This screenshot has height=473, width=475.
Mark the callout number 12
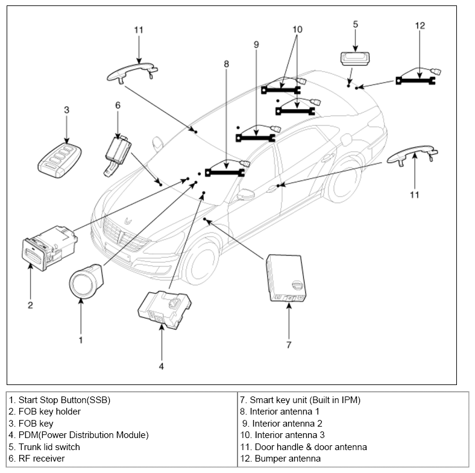coord(420,25)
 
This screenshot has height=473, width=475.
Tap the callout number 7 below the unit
coord(289,345)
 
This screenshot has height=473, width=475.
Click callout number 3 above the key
coord(66,110)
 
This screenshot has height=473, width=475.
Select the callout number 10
coord(298,29)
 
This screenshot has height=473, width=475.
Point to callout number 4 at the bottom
coord(161,365)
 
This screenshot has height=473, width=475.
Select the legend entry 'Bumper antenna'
coord(283,459)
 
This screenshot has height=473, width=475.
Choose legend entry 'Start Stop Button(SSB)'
coord(64,400)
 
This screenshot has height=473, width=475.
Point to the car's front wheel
coord(197,268)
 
